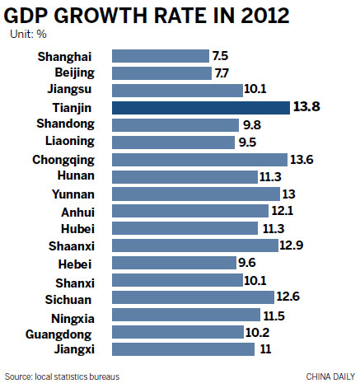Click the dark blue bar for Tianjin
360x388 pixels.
pos(200,108)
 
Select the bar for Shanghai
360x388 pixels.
pos(160,56)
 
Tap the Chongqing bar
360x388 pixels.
pos(199,159)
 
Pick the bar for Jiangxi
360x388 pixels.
pos(182,348)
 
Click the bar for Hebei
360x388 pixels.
pos(173,263)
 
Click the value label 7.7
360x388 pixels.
pos(223,73)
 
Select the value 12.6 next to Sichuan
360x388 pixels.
pos(288,297)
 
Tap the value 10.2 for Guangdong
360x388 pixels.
pos(269,331)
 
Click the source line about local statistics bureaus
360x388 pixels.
pos(63,376)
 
